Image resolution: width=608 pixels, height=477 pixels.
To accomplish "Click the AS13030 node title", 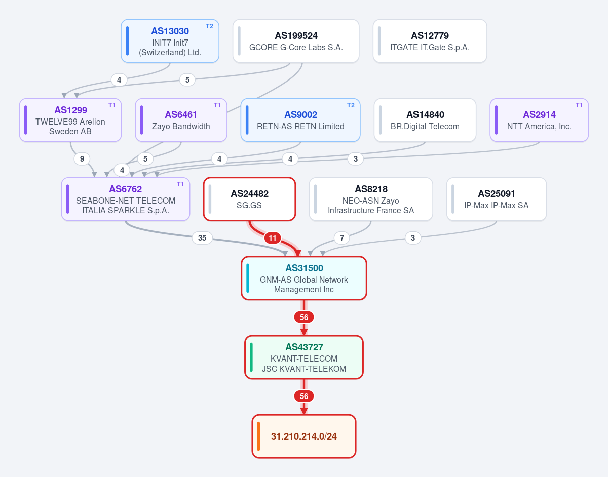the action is (170, 31).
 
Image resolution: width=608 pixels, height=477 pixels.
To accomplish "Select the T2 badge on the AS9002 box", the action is (351, 105).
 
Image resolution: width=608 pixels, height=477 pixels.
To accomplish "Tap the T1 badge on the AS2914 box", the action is (579, 105).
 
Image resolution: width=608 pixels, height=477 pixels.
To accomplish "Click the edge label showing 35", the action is (202, 238).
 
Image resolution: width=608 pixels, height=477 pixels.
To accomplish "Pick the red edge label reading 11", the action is (273, 238).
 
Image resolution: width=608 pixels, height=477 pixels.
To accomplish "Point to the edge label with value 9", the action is (82, 159).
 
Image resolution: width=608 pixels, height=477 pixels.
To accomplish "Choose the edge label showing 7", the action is (342, 238).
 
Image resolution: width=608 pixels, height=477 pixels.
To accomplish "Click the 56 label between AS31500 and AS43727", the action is (304, 317).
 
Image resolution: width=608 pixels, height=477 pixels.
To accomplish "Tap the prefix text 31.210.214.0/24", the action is (304, 436).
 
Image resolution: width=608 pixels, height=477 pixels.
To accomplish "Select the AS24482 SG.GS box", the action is (249, 199).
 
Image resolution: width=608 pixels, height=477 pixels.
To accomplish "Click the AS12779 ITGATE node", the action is (430, 41).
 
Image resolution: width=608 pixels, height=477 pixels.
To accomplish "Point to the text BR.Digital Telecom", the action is (425, 127).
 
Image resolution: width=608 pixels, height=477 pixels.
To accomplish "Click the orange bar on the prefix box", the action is (258, 436).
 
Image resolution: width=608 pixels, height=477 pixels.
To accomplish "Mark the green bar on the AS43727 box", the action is (251, 357).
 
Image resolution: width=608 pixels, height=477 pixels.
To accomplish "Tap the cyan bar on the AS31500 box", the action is (248, 278).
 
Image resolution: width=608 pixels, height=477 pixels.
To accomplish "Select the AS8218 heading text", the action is (371, 189).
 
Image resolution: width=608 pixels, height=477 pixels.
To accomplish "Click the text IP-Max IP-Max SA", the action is (497, 205).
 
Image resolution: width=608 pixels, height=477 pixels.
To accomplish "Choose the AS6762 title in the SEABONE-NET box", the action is (125, 189).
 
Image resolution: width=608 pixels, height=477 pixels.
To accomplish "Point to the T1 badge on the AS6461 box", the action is (217, 105).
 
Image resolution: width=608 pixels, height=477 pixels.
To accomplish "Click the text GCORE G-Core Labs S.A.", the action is (296, 47).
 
